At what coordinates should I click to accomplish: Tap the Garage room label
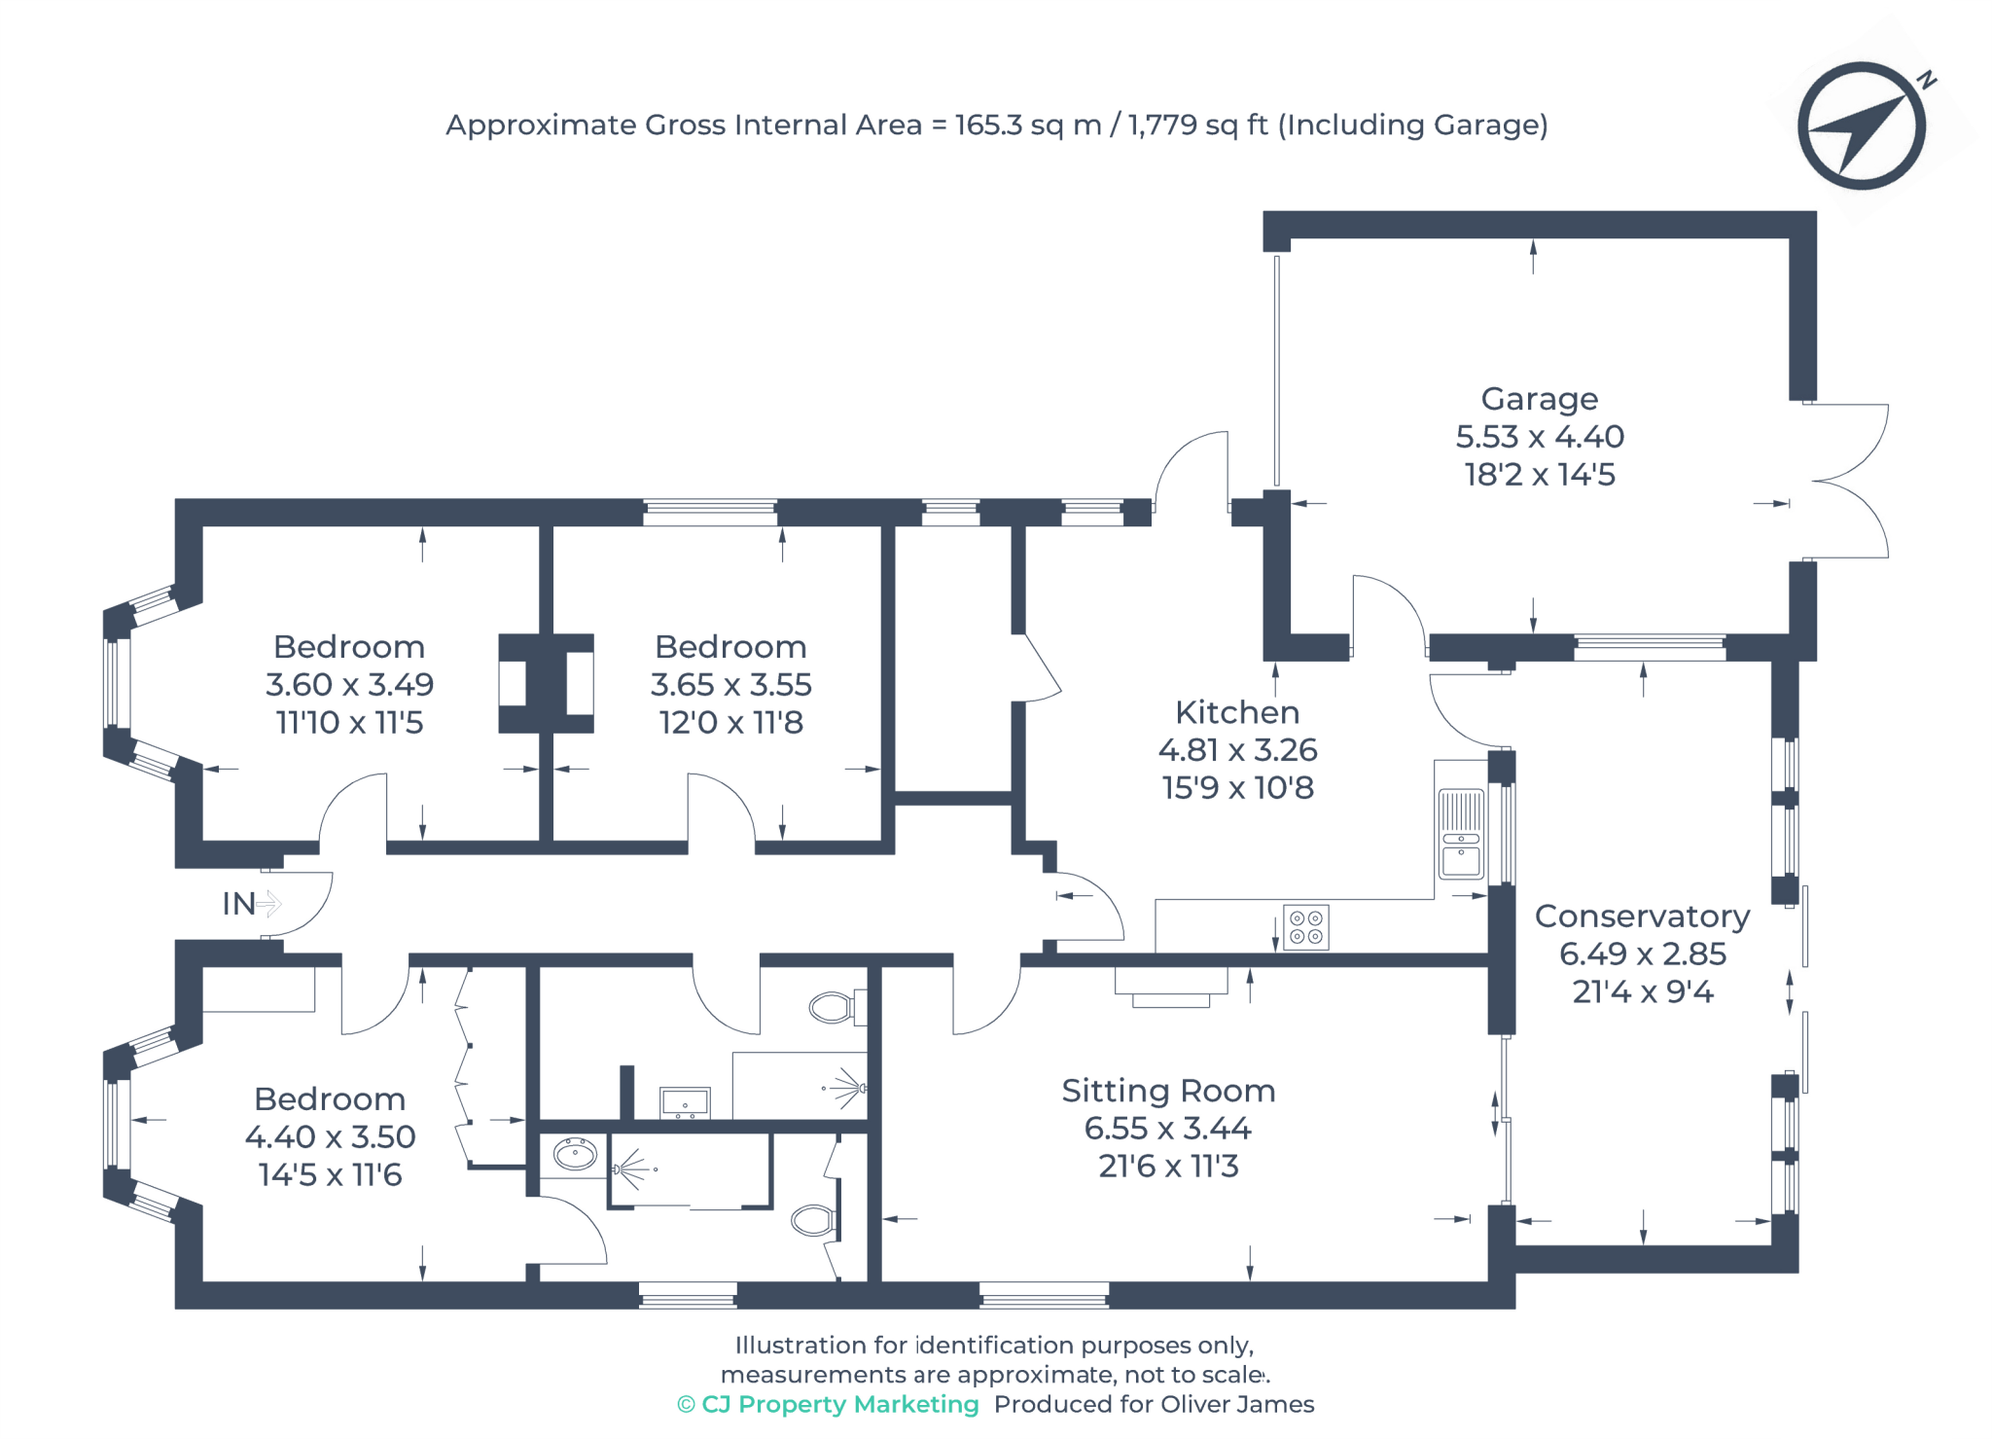[x=1539, y=399]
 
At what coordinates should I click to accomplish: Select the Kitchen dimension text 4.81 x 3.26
[x=1237, y=750]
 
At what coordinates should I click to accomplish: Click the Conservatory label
[x=1642, y=917]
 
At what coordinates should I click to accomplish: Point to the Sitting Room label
[x=1168, y=1091]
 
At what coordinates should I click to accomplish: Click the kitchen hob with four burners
[x=1305, y=927]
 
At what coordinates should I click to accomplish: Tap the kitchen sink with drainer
[x=1461, y=835]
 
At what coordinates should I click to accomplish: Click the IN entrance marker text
[x=239, y=904]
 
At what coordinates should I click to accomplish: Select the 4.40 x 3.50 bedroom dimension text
[x=330, y=1136]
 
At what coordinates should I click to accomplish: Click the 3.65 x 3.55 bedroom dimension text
[x=730, y=685]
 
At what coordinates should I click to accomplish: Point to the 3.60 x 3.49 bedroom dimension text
[x=349, y=685]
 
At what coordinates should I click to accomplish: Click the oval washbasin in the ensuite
[x=575, y=1155]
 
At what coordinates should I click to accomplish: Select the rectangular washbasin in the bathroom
[x=685, y=1103]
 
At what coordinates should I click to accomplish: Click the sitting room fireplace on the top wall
[x=1171, y=985]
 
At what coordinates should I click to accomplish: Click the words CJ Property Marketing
[x=839, y=1404]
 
